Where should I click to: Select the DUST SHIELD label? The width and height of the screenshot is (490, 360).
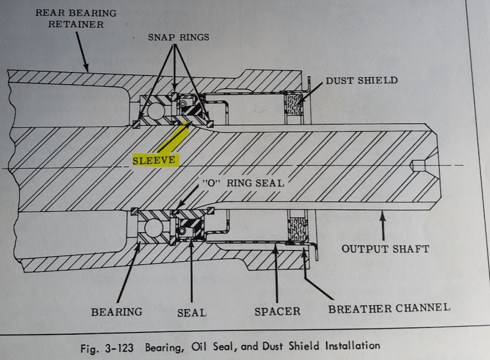[361, 80]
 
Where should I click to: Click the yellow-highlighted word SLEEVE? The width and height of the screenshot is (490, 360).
[154, 160]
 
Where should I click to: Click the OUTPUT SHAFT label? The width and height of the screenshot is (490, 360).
[385, 249]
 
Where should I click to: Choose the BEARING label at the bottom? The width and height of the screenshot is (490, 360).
[116, 312]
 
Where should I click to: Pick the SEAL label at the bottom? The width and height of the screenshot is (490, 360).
[192, 312]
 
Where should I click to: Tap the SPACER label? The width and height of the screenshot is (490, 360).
[277, 312]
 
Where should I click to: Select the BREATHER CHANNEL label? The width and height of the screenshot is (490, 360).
[389, 308]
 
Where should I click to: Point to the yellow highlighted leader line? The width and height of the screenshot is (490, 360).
[175, 137]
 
